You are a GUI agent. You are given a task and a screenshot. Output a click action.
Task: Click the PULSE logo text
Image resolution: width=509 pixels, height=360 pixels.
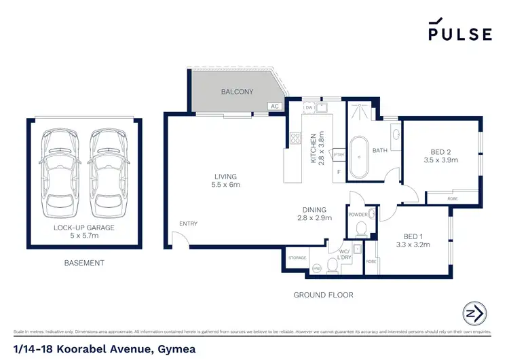(459, 34)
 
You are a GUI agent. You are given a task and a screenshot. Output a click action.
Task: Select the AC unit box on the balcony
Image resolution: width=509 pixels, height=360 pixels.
(275, 106)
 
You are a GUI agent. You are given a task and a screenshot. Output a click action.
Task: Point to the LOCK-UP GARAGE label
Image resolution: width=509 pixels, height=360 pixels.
(84, 227)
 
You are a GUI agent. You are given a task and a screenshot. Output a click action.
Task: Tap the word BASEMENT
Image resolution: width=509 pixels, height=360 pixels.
(84, 263)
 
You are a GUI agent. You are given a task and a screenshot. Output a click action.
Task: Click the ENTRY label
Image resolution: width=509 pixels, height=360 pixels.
(188, 223)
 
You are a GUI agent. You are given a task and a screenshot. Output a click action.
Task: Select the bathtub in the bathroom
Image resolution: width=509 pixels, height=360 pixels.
(360, 156)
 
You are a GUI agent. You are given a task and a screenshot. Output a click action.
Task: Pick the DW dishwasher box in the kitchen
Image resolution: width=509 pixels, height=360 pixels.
(308, 107)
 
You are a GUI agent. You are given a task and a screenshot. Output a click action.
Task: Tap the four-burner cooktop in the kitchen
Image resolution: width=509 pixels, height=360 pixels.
(295, 139)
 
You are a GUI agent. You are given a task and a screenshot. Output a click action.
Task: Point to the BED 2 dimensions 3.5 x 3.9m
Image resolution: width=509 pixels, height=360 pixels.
(440, 160)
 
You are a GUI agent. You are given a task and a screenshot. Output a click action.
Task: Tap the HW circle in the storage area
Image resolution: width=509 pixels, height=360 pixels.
(316, 270)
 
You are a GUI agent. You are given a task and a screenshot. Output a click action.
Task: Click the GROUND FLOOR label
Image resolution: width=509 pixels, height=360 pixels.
(323, 295)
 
